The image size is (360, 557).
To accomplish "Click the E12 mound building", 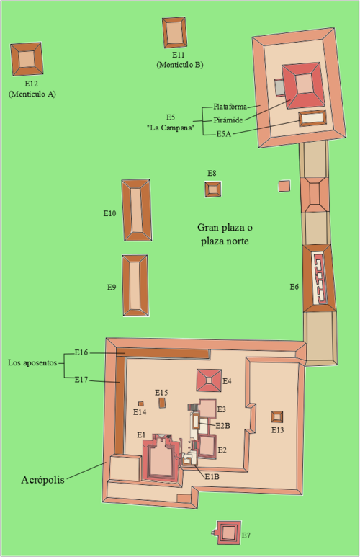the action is (x=27, y=59).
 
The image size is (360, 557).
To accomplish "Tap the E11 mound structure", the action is (x=175, y=32).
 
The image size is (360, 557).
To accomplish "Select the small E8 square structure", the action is (x=213, y=190).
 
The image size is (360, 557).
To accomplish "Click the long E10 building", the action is (x=137, y=210).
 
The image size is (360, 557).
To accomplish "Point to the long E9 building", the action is (x=135, y=285).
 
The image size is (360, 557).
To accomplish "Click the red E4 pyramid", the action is (x=209, y=380).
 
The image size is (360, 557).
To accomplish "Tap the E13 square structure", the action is (x=277, y=417).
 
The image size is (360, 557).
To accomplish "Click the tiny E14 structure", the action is (x=141, y=404).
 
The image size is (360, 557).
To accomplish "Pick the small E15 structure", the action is (x=162, y=403).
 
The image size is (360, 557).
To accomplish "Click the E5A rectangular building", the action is (x=312, y=118).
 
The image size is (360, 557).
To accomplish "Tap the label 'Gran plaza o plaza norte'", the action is (x=225, y=234).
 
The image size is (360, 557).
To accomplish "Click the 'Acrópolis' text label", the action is (x=43, y=480).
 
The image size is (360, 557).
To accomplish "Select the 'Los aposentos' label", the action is (x=32, y=362).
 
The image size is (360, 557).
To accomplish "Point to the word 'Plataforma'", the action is (x=230, y=107).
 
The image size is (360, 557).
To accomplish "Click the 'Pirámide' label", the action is (x=228, y=120).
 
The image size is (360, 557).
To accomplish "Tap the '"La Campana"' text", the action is (x=171, y=128).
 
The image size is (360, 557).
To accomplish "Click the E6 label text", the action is (x=294, y=287).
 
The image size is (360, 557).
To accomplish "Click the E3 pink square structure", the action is (x=207, y=409).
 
